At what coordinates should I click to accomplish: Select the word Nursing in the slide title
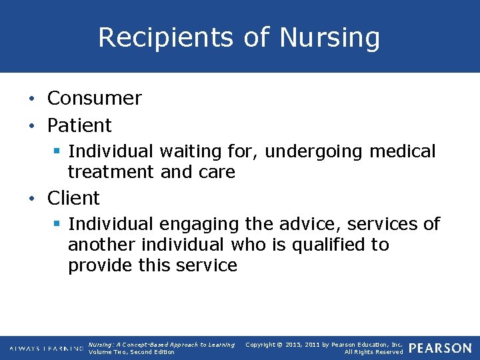[x=329, y=38]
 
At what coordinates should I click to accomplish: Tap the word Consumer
[x=94, y=98]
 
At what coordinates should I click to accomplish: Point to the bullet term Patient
[x=79, y=125]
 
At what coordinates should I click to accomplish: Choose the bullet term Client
[x=73, y=198]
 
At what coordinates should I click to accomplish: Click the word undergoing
[x=314, y=152]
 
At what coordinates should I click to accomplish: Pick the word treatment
[x=111, y=172]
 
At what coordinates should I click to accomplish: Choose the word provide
[x=101, y=265]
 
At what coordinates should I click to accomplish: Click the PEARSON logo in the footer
[x=439, y=348]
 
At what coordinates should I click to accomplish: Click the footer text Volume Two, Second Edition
[x=131, y=352]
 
